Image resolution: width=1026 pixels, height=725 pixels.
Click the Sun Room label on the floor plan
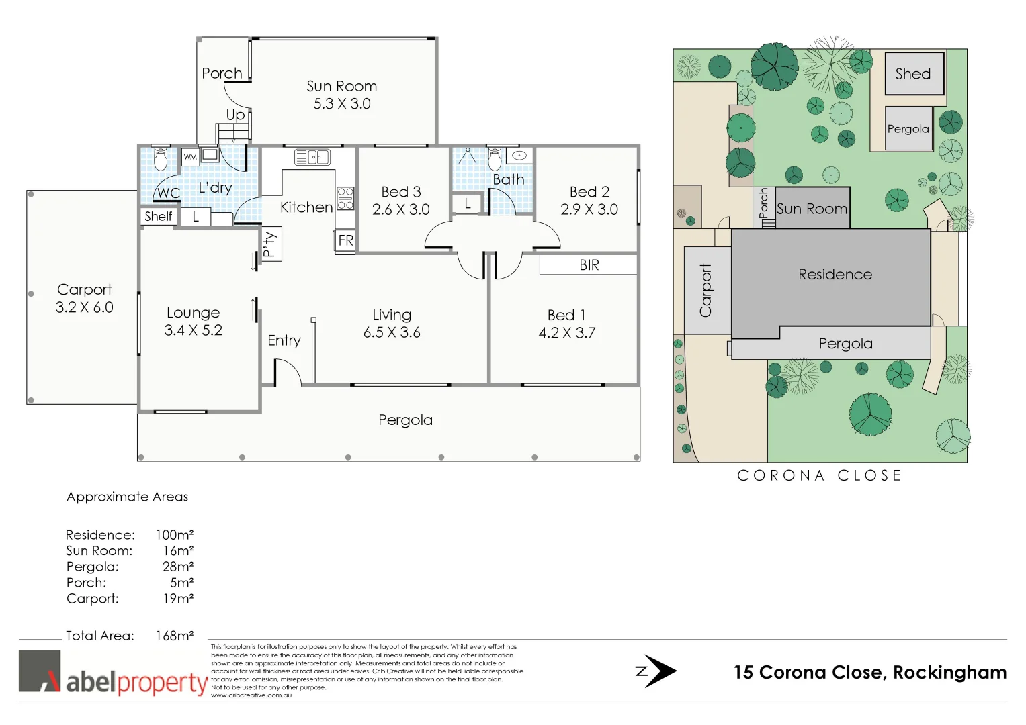coord(341,86)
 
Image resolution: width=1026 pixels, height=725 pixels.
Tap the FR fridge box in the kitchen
coord(345,240)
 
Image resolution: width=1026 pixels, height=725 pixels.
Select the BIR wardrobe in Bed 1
coord(589,265)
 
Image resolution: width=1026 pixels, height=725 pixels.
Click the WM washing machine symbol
coord(190,157)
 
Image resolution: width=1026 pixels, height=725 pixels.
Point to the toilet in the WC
coord(160,160)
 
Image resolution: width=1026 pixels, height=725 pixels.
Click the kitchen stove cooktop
coord(345,199)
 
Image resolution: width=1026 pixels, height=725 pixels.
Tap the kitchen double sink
coord(312,157)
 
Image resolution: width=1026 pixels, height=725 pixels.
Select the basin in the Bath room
coord(519,156)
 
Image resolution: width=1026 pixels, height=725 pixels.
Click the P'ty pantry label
coord(270,244)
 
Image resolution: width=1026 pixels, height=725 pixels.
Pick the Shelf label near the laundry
coord(159,216)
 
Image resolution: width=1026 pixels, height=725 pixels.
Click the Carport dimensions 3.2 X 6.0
coord(85,307)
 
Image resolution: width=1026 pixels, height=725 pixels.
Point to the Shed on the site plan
coord(914,74)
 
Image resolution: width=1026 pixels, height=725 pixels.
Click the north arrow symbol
coord(657,671)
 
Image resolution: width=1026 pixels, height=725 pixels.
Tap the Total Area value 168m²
coord(175,636)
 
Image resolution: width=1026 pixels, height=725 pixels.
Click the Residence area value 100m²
coord(175,535)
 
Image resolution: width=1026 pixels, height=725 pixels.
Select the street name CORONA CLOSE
coord(819,475)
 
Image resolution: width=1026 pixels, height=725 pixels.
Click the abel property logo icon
coord(40,671)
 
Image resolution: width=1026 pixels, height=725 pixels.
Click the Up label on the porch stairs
coord(235,115)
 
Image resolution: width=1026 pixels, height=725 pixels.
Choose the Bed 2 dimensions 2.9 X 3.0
coord(589,209)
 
